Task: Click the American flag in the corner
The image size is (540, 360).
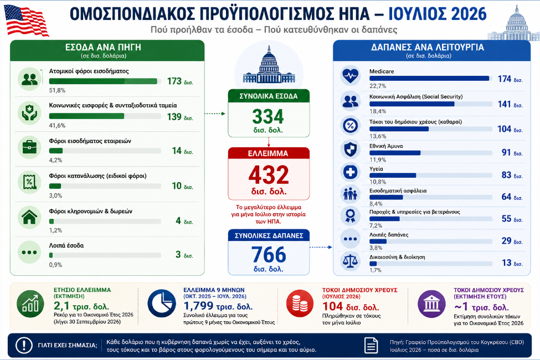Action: pyautogui.click(x=27, y=20)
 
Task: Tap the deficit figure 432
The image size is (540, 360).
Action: pyautogui.click(x=269, y=175)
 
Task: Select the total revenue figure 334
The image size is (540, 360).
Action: pyautogui.click(x=268, y=116)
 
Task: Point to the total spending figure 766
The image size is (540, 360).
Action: pyautogui.click(x=269, y=255)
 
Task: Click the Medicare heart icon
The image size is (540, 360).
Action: pyautogui.click(x=350, y=75)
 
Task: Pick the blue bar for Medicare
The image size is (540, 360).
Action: pyautogui.click(x=429, y=79)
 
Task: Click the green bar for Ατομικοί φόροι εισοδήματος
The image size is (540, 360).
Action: pyautogui.click(x=104, y=81)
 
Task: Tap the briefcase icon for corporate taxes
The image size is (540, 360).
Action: pyautogui.click(x=29, y=147)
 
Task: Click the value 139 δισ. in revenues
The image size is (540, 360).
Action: pyautogui.click(x=180, y=117)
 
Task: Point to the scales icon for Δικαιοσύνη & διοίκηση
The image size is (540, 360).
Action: pyautogui.click(x=350, y=261)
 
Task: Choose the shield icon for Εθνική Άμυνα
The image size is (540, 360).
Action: pyautogui.click(x=350, y=150)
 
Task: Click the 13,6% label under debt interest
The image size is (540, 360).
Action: pyautogui.click(x=378, y=136)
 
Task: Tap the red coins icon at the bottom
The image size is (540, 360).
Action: pyautogui.click(x=300, y=304)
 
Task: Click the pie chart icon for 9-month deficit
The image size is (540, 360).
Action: pyautogui.click(x=162, y=304)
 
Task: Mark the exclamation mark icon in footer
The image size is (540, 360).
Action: pyautogui.click(x=24, y=345)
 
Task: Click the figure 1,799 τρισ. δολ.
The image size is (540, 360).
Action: pyautogui.click(x=218, y=306)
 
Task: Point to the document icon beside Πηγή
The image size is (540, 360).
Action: pyautogui.click(x=371, y=345)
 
